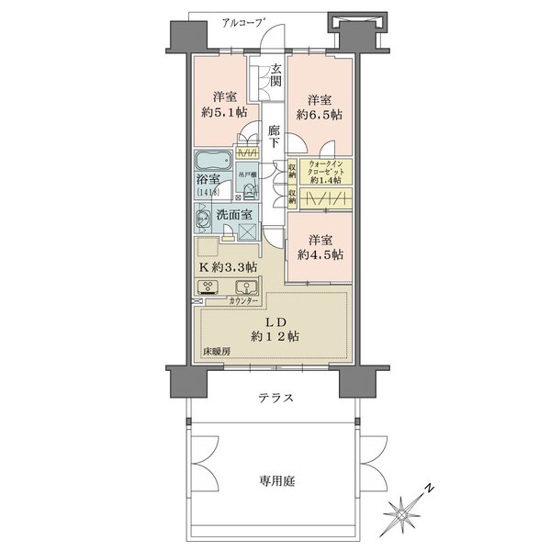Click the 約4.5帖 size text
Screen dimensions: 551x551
pyautogui.click(x=320, y=253)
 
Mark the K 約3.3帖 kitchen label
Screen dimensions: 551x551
pyautogui.click(x=227, y=266)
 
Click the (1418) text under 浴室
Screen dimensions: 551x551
pyautogui.click(x=207, y=192)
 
